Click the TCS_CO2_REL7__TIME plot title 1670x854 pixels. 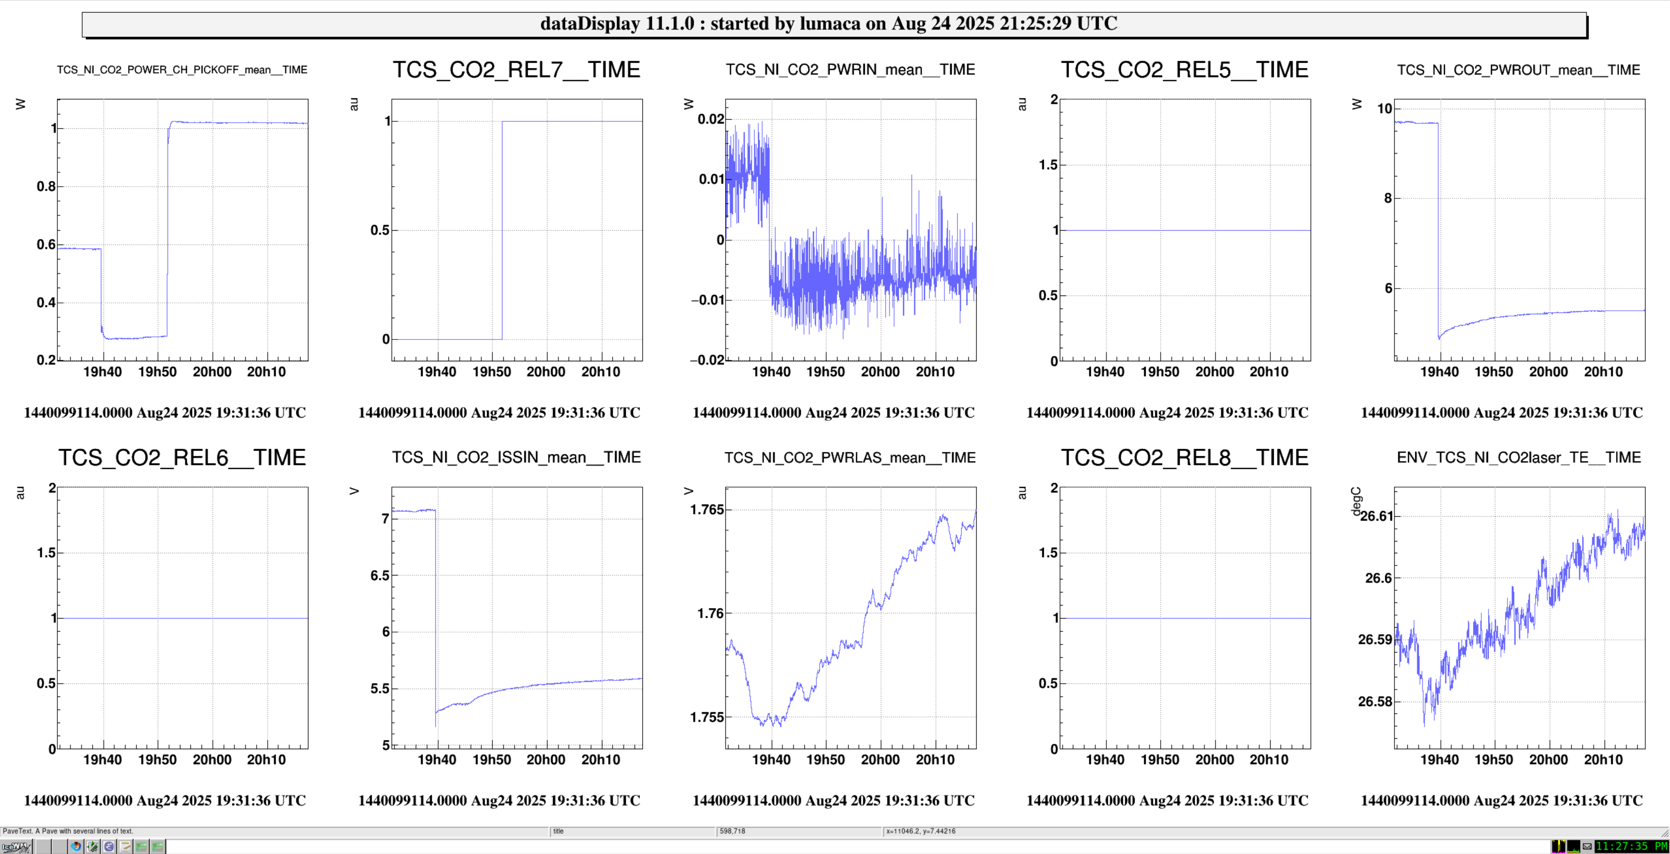516,70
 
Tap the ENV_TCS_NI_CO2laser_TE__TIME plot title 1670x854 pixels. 1518,457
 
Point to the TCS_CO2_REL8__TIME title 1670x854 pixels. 1184,457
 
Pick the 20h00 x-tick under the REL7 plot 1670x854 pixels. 546,372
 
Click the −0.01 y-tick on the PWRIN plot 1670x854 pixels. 707,300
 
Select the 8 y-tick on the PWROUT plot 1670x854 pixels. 1387,198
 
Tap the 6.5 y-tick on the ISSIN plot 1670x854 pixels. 380,575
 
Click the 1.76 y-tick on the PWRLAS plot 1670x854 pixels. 710,614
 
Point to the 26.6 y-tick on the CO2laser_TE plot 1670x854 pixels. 1378,578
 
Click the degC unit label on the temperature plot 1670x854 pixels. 1356,501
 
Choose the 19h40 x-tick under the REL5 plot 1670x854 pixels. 1105,372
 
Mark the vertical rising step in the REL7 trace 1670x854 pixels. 502,230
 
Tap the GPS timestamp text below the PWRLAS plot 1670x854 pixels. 833,801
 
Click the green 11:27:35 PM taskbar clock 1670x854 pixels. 1631,846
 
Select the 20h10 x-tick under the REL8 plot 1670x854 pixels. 1269,760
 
